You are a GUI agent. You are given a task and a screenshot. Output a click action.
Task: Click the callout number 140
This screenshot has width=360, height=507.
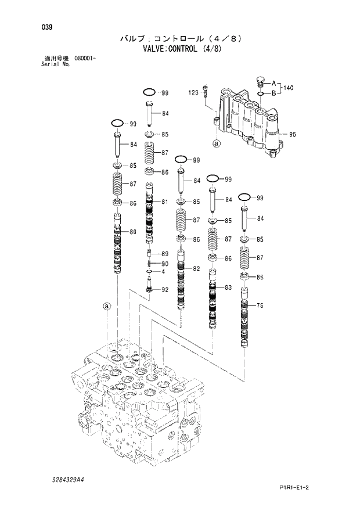point(289,88)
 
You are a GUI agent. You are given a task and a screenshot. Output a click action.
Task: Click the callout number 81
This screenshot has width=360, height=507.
point(165,202)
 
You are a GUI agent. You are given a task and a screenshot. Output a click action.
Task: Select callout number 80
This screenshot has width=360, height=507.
point(133,232)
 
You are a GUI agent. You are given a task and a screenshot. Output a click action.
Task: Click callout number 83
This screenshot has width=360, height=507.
point(228,287)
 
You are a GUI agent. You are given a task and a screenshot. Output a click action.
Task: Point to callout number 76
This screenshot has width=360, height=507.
point(260,305)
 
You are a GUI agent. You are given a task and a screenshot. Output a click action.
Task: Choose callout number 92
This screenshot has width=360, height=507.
point(165,289)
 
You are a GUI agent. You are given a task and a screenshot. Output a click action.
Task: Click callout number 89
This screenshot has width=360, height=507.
point(165,254)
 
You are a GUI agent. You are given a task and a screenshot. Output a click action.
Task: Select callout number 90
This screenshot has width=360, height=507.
point(165,263)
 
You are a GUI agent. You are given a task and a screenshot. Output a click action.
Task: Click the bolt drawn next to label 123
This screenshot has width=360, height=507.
point(205,92)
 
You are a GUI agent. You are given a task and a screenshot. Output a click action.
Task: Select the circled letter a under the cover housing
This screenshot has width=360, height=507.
point(216,142)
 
